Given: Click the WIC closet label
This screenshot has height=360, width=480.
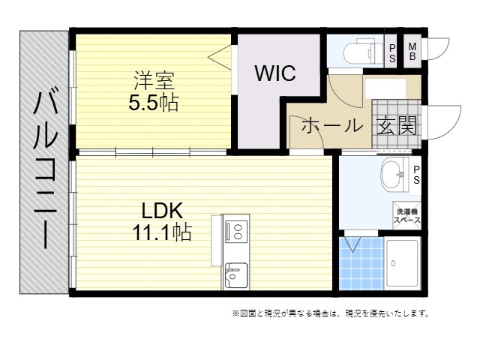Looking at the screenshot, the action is (x=275, y=73).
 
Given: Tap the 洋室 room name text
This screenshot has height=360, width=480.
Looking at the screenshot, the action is (x=154, y=81).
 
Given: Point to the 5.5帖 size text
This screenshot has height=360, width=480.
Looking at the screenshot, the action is (x=153, y=103).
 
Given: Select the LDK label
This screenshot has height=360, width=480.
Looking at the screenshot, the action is (x=162, y=210).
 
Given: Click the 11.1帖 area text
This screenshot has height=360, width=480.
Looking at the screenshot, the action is (x=162, y=232).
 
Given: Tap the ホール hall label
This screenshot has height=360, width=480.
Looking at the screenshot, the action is (x=332, y=125).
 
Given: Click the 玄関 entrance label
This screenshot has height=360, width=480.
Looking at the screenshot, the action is (x=397, y=125).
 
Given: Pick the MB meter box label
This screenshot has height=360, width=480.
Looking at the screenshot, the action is (x=412, y=52).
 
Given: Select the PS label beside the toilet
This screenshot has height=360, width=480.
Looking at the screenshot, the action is (x=392, y=53).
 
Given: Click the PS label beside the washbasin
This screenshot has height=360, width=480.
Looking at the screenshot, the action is (x=416, y=175).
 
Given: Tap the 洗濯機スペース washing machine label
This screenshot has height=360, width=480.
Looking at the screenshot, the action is (x=406, y=216).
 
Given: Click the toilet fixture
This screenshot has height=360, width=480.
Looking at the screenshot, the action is (x=363, y=52).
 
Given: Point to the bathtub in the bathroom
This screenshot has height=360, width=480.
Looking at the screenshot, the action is (x=402, y=263).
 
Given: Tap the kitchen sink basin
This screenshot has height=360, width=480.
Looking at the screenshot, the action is (x=236, y=275).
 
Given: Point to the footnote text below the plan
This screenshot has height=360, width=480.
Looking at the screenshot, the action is (x=330, y=313).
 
